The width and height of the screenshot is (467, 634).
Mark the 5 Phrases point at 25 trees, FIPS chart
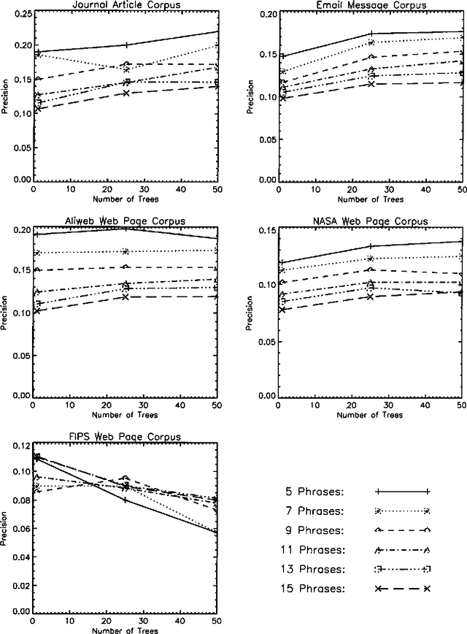point(126,500)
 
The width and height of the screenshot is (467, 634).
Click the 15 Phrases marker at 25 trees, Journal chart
point(126,93)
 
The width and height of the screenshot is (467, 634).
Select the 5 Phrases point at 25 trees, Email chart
point(371,34)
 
